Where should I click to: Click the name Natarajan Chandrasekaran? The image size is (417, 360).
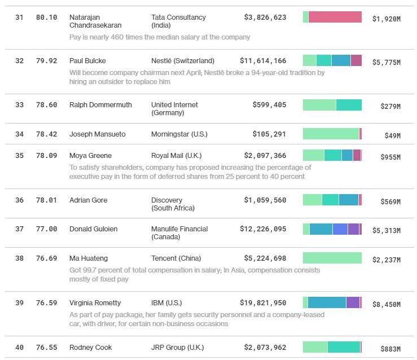point(95,21)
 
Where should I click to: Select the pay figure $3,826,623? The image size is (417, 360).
point(265,17)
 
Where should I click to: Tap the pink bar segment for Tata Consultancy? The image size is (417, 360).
point(335,17)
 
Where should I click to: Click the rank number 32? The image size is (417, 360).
point(20,61)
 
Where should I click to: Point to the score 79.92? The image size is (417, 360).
point(46,61)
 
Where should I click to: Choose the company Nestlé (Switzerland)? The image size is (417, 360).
point(183,61)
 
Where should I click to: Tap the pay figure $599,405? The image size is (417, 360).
point(270,105)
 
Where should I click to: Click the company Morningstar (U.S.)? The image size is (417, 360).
point(179,134)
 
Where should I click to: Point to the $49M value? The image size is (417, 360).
point(392,136)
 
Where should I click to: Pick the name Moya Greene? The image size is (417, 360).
point(90,156)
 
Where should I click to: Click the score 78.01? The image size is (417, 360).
point(46,200)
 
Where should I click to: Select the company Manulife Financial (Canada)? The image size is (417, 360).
point(179,232)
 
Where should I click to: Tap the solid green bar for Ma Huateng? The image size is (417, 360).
point(332,258)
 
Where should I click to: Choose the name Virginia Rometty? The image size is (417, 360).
point(95,303)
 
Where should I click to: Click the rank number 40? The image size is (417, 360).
point(20,348)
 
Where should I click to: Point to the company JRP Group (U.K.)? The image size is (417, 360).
point(177,348)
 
